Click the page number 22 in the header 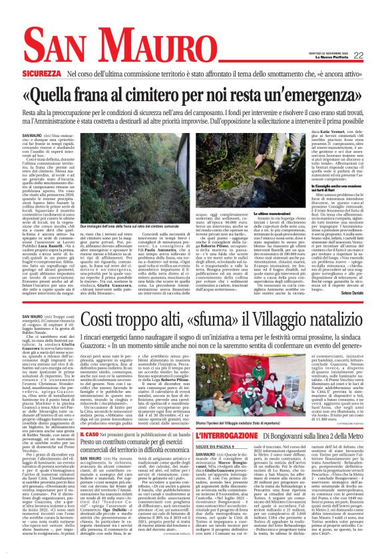pos(358,55)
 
